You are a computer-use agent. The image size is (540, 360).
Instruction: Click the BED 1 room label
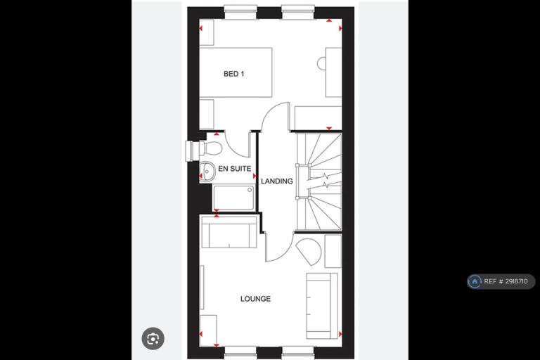(234, 74)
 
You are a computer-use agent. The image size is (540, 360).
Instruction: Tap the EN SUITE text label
(235, 169)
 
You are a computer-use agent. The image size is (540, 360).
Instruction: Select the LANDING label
(277, 181)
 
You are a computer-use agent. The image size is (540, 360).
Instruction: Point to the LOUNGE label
(255, 299)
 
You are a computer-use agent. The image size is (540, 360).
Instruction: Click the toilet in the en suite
(211, 148)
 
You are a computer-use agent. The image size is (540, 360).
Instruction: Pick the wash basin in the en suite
(207, 171)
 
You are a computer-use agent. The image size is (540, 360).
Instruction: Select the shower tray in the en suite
(234, 198)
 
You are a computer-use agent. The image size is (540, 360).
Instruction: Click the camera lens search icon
(153, 339)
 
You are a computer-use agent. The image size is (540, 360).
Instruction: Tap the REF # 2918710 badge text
(506, 281)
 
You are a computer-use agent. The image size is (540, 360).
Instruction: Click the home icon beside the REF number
(475, 281)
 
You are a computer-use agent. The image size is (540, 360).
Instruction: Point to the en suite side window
(192, 150)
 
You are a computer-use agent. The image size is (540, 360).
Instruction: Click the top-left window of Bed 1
(240, 12)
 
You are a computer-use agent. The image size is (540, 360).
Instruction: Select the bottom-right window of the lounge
(298, 353)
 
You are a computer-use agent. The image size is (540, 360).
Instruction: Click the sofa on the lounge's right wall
(322, 306)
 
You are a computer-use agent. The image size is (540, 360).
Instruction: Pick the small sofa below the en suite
(229, 232)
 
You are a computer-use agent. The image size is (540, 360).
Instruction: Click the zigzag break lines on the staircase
(325, 181)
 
